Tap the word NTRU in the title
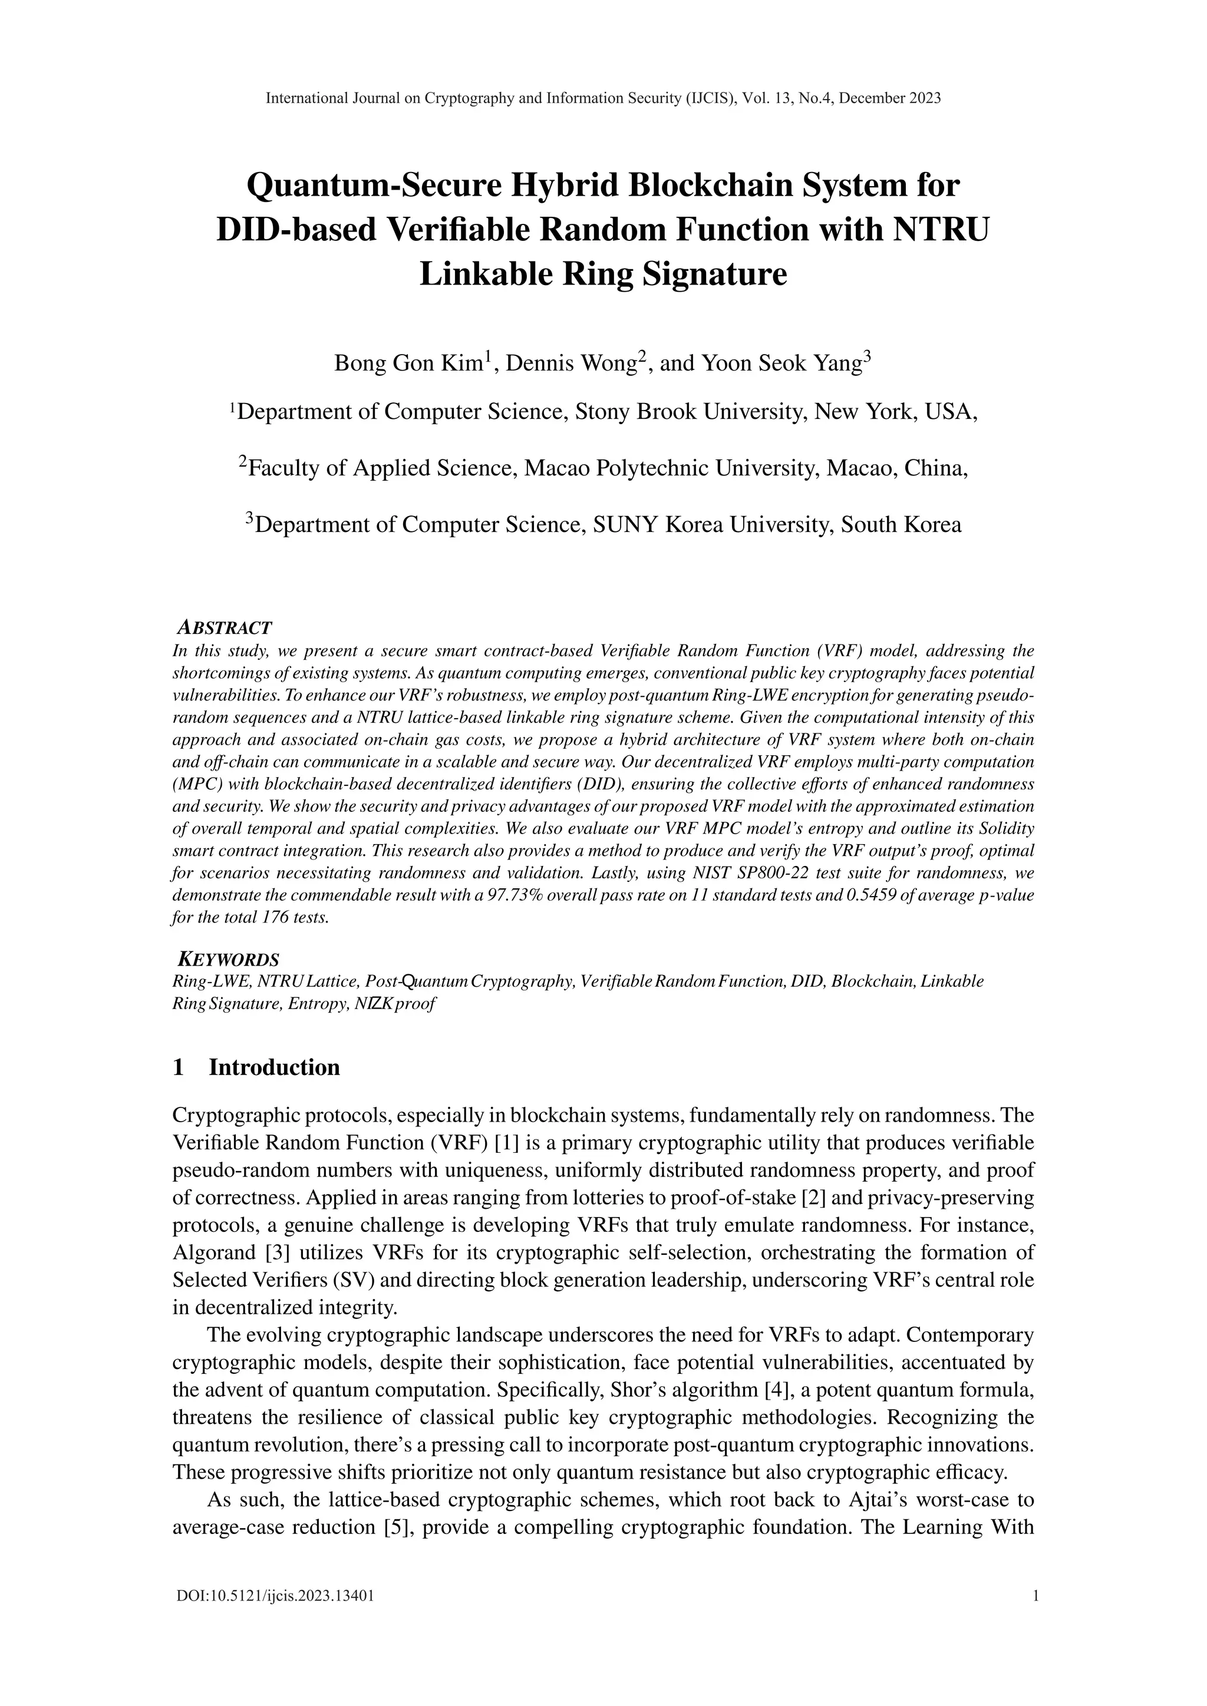click(939, 230)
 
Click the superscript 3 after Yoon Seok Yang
click(868, 356)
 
